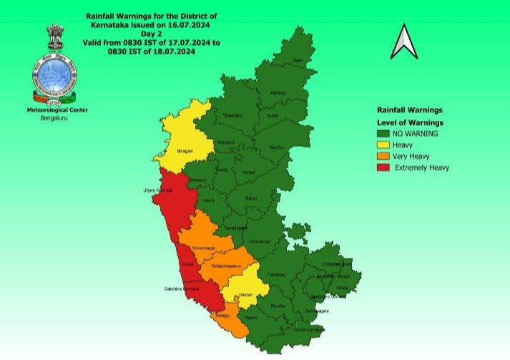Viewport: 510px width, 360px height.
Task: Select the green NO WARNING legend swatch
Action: tap(385, 133)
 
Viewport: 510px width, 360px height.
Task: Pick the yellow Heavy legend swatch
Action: tap(385, 145)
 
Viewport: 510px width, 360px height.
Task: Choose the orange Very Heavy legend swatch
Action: tap(385, 156)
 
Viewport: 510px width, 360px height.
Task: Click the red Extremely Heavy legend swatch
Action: tap(385, 167)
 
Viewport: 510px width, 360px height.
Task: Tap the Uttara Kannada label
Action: tap(158, 190)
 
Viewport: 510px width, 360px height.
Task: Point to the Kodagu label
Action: tap(222, 316)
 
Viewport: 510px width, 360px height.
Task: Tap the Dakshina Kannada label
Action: tap(180, 290)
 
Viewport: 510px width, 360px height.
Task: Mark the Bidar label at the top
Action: tap(298, 61)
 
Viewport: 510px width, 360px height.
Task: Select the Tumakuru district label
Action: tap(275, 275)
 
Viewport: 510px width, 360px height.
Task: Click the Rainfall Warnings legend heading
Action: tap(410, 110)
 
